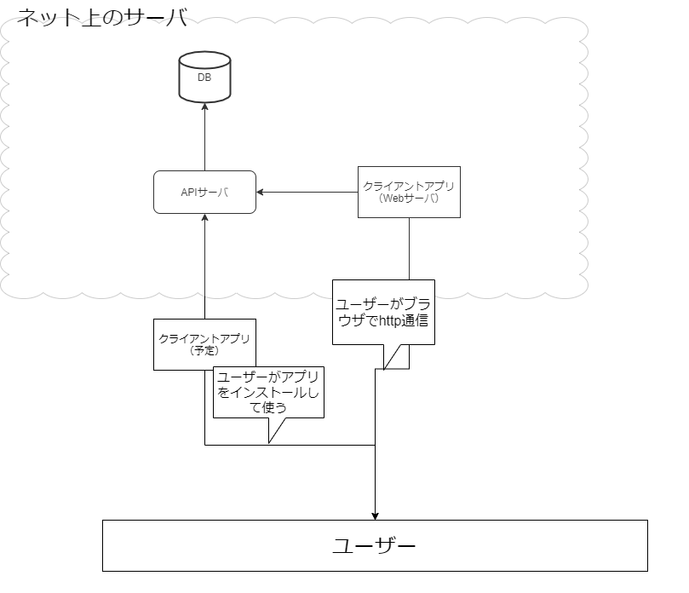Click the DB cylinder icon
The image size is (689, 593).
coord(204,77)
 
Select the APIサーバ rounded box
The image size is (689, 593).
coord(204,193)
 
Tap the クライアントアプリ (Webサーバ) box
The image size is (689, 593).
coord(409,192)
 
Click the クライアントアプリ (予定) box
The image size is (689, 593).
coord(204,344)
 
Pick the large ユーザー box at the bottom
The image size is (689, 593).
coord(375,545)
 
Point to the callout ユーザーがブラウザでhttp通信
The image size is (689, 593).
coord(383,312)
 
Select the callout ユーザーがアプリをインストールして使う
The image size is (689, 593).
coord(268,393)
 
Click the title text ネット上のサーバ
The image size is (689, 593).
coord(102,17)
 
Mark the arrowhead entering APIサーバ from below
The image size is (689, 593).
coord(204,219)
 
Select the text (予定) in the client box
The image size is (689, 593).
coord(204,350)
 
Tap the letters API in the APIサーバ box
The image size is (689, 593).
coord(189,193)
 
